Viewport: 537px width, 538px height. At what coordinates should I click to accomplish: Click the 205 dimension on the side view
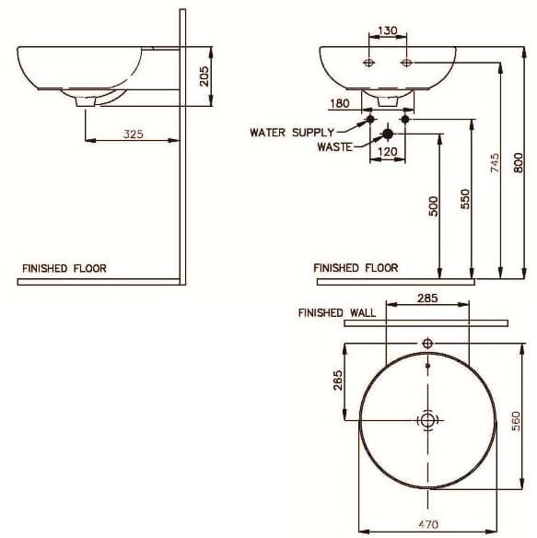pyautogui.click(x=205, y=72)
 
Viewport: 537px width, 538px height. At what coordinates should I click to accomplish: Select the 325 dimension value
pyautogui.click(x=134, y=134)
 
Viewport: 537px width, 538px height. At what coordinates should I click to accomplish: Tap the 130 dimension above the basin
pyautogui.click(x=389, y=30)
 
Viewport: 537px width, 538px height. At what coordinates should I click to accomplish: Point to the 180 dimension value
pyautogui.click(x=338, y=103)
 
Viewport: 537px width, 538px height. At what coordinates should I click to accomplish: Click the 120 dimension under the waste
pyautogui.click(x=387, y=151)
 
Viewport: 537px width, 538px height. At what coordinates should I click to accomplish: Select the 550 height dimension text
pyautogui.click(x=466, y=200)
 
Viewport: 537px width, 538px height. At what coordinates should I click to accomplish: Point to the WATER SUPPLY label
pyautogui.click(x=286, y=132)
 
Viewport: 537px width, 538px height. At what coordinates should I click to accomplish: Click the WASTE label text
pyautogui.click(x=334, y=146)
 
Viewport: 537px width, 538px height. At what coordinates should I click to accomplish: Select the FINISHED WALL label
pyautogui.click(x=336, y=313)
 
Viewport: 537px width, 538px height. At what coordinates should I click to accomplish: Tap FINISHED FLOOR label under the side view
pyautogui.click(x=64, y=269)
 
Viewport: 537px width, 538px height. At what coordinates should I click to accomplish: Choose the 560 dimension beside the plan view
pyautogui.click(x=518, y=420)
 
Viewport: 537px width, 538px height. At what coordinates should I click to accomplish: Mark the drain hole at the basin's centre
pyautogui.click(x=426, y=420)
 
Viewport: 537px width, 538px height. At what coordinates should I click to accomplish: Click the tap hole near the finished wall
pyautogui.click(x=426, y=344)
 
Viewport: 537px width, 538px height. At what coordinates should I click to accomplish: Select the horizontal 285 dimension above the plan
pyautogui.click(x=426, y=298)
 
